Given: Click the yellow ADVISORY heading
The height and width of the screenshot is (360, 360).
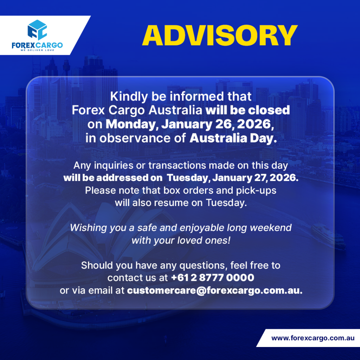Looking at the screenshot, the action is coord(220,36).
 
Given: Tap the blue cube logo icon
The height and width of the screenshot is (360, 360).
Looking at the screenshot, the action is coord(37,30).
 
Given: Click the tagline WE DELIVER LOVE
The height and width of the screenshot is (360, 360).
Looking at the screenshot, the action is coord(37,50).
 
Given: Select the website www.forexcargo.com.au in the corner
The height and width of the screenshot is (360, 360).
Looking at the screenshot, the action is coord(313,338).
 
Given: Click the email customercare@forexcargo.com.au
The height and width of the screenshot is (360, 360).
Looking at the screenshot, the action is coord(215,290).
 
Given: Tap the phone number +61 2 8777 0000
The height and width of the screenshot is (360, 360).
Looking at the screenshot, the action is coord(213,278).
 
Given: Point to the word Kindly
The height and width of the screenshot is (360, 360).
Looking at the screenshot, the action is coord(129,96).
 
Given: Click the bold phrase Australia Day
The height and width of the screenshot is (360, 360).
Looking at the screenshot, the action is coord(233,138).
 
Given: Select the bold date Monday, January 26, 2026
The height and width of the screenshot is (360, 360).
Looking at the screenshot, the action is coord(189,124).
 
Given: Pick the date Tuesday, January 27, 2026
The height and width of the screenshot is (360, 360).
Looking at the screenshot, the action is coord(233,178).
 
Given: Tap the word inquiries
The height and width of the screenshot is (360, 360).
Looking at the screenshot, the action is coord(114,166).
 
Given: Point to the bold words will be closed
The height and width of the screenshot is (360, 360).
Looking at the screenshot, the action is coord(247,110).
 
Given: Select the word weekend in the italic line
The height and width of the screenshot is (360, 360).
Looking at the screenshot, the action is coord(270,228).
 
